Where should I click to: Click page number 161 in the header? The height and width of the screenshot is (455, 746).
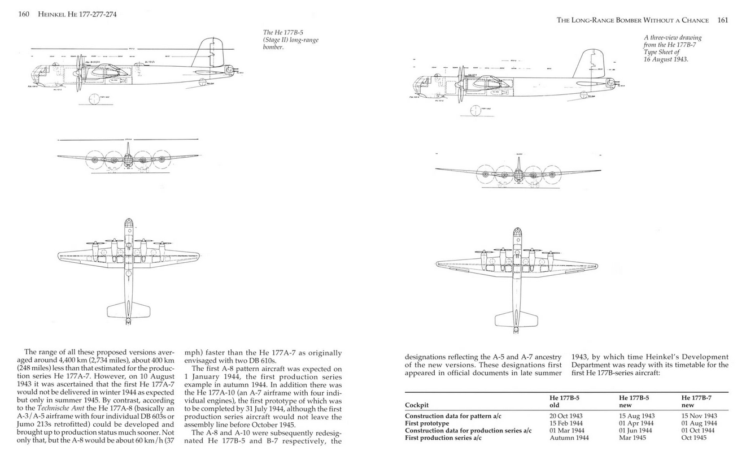pos(722,20)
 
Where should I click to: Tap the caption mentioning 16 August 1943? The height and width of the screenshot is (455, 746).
pos(672,48)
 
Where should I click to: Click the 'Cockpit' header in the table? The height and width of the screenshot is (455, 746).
pos(417,405)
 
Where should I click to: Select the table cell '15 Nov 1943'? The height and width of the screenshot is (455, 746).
pos(699,416)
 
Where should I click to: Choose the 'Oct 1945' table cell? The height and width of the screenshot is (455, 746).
pos(694,437)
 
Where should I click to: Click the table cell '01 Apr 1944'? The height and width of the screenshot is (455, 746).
pos(636,423)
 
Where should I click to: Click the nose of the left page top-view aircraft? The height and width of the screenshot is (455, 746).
pos(129,223)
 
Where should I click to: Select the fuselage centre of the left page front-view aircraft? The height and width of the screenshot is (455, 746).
pos(128,160)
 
